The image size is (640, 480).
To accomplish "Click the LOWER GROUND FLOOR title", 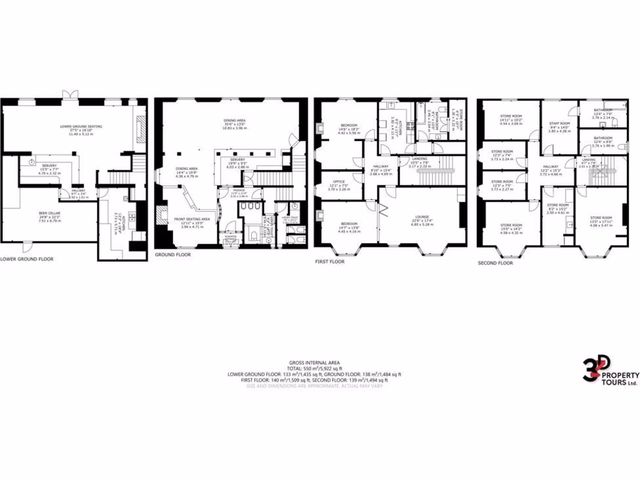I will [x=27, y=258].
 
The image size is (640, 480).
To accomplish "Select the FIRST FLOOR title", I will [x=329, y=262].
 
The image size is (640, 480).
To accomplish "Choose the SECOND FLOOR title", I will [x=495, y=263].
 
